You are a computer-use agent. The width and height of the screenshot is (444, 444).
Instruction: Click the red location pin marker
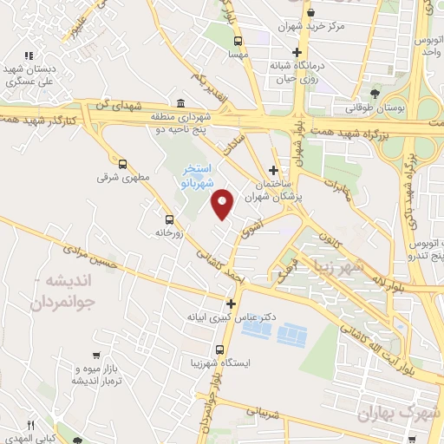(x=223, y=204)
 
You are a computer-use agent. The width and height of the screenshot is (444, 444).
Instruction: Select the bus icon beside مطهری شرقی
(x=121, y=163)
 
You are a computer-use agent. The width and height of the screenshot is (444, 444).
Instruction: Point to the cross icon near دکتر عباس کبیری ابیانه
(x=231, y=304)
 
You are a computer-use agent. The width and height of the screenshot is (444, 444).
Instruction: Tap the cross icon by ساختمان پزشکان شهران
(x=274, y=170)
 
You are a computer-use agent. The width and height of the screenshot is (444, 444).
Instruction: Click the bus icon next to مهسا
(x=238, y=40)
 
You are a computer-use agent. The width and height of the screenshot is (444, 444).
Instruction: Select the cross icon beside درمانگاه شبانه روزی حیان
(x=297, y=53)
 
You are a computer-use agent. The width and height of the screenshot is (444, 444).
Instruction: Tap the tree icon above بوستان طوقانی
(x=375, y=94)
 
